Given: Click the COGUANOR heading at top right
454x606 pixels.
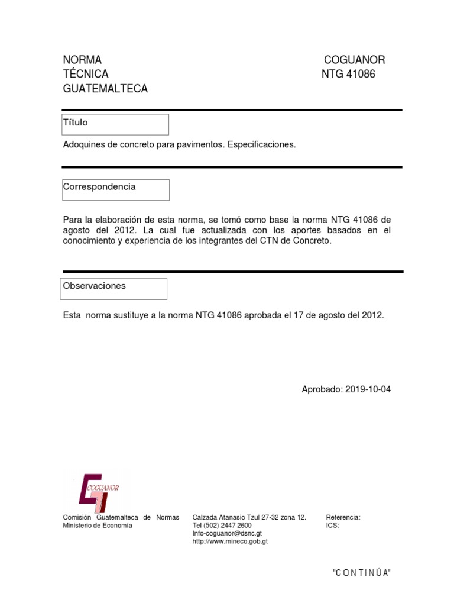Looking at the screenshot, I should pyautogui.click(x=354, y=60).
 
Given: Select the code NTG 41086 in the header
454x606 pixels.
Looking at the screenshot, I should pyautogui.click(x=348, y=75).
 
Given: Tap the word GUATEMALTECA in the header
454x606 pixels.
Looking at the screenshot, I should pyautogui.click(x=105, y=89).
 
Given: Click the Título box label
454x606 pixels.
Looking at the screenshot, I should pyautogui.click(x=76, y=123).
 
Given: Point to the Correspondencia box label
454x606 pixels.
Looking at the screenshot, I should pyautogui.click(x=99, y=187).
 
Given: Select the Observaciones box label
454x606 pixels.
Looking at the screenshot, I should pyautogui.click(x=95, y=286).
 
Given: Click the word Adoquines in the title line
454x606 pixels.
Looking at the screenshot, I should pyautogui.click(x=82, y=145).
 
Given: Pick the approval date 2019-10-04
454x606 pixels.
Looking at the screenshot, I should pyautogui.click(x=367, y=389).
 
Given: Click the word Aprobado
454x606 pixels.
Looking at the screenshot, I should pyautogui.click(x=321, y=389).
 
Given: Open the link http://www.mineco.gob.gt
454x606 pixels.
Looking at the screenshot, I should pyautogui.click(x=231, y=541).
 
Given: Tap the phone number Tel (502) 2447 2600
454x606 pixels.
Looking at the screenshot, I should pyautogui.click(x=222, y=526).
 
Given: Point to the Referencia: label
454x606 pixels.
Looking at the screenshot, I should pyautogui.click(x=343, y=517).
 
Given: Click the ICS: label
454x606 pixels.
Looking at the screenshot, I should pyautogui.click(x=332, y=526).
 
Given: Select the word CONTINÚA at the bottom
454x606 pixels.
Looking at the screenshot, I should pyautogui.click(x=362, y=573).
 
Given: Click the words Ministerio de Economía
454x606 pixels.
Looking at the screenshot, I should pyautogui.click(x=98, y=526).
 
